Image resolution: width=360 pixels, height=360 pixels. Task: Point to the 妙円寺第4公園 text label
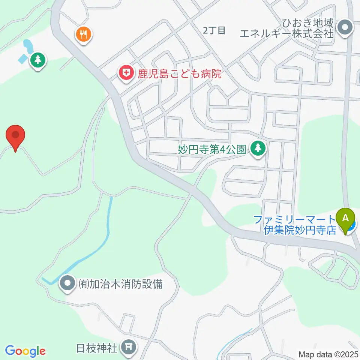(212, 150)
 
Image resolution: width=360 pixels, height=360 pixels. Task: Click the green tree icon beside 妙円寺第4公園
(257, 148)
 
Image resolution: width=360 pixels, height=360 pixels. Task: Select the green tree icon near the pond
(37, 60)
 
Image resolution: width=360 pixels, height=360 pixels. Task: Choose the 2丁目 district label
(214, 31)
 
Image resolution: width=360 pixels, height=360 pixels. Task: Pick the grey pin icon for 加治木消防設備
(67, 283)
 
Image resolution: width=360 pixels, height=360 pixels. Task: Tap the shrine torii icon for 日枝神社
(129, 348)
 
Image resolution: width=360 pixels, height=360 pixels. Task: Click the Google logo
(25, 351)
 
